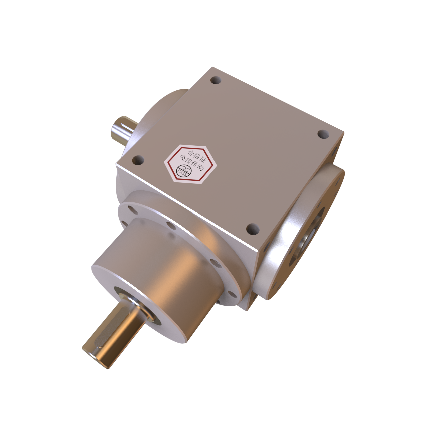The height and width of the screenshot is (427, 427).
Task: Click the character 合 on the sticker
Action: pos(191,152)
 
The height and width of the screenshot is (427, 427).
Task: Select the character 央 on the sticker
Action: pos(182,158)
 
